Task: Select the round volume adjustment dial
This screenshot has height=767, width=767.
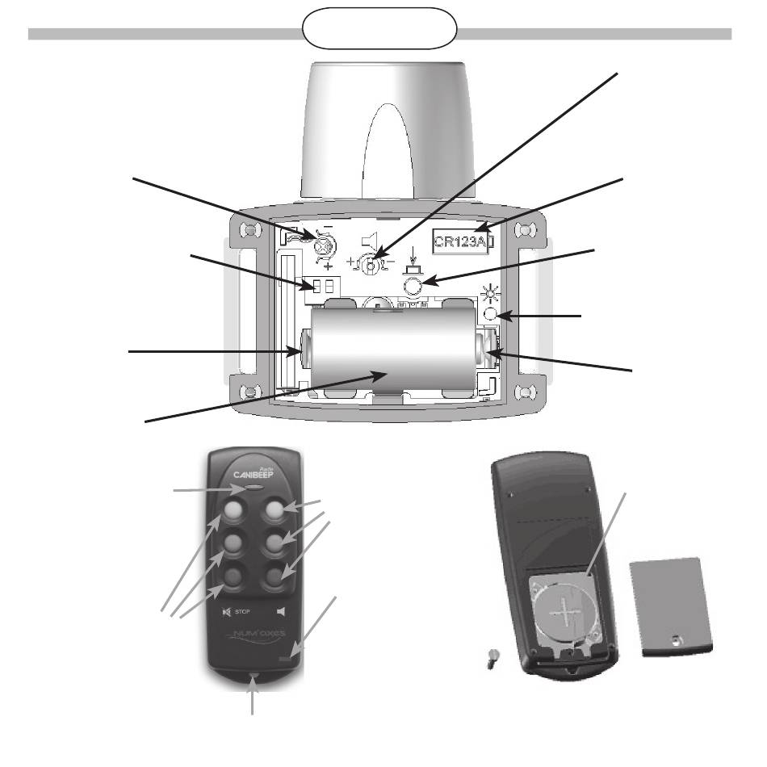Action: point(371,264)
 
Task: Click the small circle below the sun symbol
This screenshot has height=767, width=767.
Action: point(489,315)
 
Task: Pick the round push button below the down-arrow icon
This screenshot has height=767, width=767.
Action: point(413,285)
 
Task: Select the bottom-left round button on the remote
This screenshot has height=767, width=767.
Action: point(235,576)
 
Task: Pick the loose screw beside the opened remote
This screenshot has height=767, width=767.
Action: point(488,659)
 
